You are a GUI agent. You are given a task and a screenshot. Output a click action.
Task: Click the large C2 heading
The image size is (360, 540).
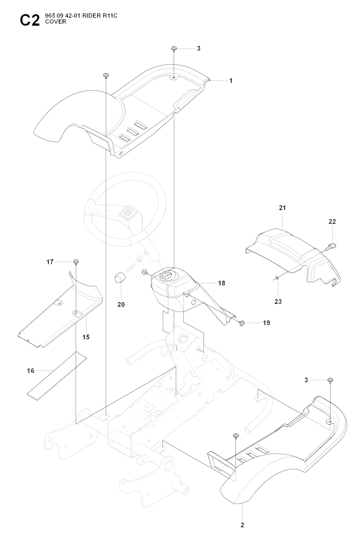tap(30, 20)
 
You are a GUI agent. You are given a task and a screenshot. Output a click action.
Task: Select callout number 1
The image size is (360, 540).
tap(231, 81)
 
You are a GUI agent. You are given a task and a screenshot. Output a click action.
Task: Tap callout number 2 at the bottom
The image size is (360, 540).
tap(242, 525)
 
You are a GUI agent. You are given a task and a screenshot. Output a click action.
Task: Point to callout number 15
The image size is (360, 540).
tap(86, 337)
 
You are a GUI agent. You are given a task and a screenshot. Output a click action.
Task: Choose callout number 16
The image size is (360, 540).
tap(31, 371)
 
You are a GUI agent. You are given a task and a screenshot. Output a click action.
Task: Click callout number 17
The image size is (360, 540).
tap(50, 262)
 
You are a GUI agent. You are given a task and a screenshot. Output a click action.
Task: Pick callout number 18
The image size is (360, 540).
tap(221, 283)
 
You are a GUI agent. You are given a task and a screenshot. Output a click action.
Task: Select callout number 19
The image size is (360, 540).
tap(266, 323)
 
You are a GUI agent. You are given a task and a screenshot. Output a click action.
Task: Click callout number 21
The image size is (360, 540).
tap(283, 208)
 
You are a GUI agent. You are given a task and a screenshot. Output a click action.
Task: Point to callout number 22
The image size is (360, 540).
tap(332, 221)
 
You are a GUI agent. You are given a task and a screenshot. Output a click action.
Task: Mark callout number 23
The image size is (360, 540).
tap(278, 301)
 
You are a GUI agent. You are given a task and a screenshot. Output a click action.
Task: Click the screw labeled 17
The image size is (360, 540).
tap(76, 262)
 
